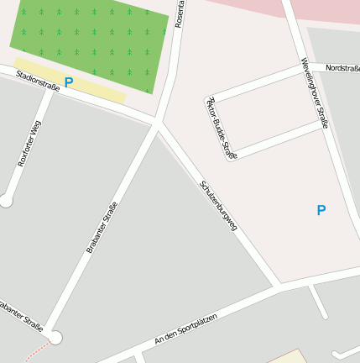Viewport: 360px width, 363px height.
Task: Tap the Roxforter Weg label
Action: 29,143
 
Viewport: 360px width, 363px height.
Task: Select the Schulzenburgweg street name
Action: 219,205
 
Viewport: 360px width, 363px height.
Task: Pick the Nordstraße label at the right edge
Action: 342,67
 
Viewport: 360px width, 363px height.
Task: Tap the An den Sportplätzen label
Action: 185,329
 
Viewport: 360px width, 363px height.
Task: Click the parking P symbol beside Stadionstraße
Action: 69,82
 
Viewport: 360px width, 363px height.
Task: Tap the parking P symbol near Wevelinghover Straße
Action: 321,210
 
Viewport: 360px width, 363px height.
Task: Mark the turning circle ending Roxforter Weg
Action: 7,200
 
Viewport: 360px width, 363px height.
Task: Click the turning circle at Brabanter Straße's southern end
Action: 55,338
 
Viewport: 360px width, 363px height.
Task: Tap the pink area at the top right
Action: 327,10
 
